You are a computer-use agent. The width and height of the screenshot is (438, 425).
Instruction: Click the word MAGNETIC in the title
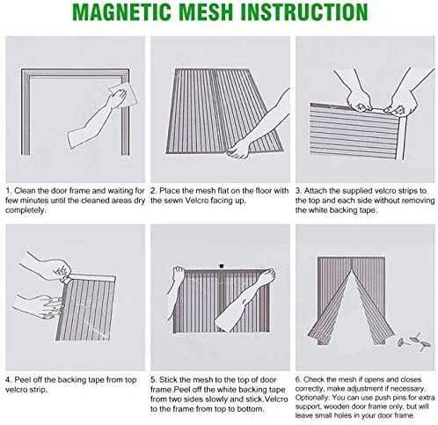click(121, 12)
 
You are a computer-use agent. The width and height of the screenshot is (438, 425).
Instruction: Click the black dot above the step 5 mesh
click(222, 266)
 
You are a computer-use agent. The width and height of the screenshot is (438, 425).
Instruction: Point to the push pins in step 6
click(414, 341)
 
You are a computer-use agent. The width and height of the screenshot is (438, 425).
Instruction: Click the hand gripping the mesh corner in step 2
click(239, 149)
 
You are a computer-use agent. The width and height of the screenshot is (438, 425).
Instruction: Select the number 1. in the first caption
click(9, 191)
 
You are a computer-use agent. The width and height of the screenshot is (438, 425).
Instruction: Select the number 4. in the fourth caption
click(9, 380)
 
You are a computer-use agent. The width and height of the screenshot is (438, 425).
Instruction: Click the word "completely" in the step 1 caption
click(25, 210)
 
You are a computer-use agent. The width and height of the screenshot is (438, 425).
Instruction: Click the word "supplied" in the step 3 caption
click(357, 191)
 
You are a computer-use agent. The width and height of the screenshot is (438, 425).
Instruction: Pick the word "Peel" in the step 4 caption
click(22, 380)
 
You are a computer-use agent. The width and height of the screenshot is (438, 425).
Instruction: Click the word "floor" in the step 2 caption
click(263, 191)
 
